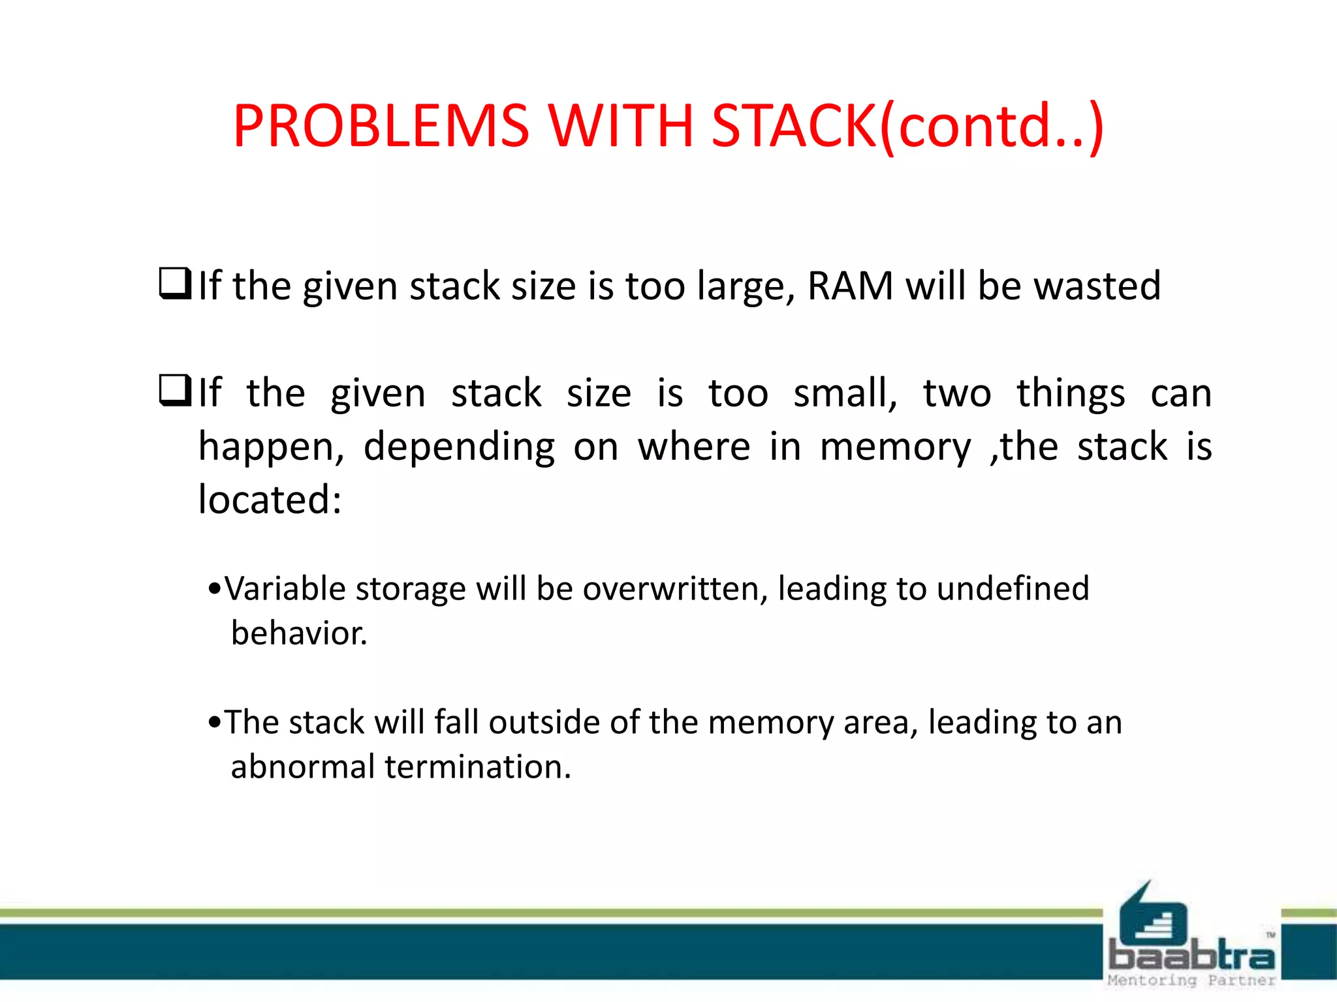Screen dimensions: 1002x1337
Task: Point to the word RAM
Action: tap(850, 286)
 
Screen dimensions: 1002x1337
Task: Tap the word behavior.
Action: tap(299, 633)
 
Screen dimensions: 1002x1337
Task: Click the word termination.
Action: tap(478, 767)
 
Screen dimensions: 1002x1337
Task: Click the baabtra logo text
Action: tap(1191, 956)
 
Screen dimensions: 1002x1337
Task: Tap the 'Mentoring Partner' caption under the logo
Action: tap(1191, 980)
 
